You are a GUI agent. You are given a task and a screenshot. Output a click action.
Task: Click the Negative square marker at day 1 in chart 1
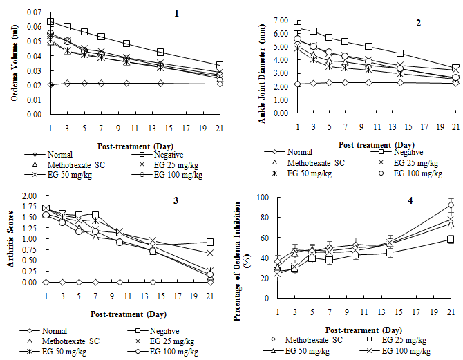[x=50, y=22]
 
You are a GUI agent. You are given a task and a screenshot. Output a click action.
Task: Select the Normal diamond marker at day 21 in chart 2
[x=455, y=82]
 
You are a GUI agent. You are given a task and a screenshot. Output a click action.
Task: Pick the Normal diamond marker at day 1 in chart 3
[x=46, y=282]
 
